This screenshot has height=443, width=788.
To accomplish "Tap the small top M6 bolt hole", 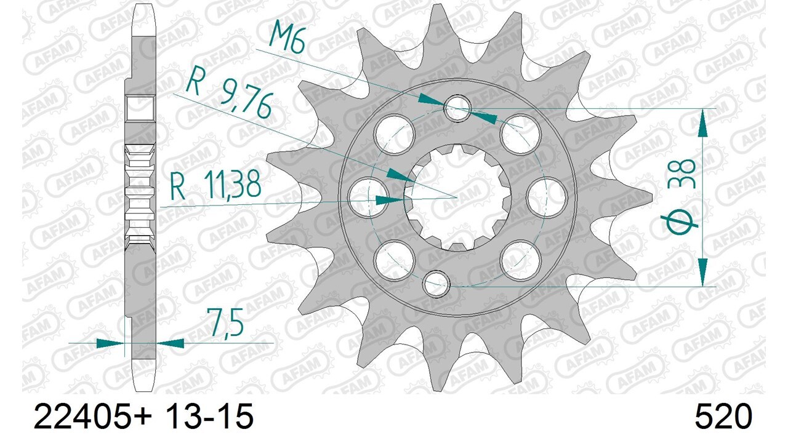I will [x=456, y=107].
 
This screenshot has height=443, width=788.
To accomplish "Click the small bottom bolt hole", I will [x=438, y=282].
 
